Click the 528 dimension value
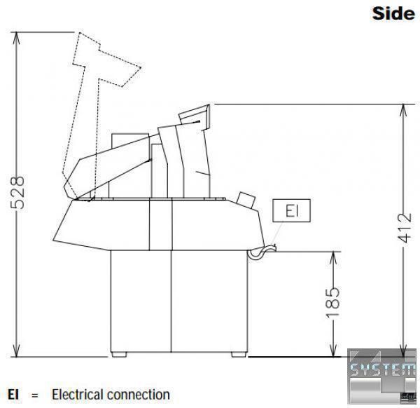click(17, 192)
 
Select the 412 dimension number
click(405, 228)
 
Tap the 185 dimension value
click(332, 303)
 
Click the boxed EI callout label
click(291, 210)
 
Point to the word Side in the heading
click(393, 13)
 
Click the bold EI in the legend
click(13, 395)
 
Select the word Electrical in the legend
click(78, 395)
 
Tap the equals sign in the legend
click(35, 395)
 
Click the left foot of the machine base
click(119, 354)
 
